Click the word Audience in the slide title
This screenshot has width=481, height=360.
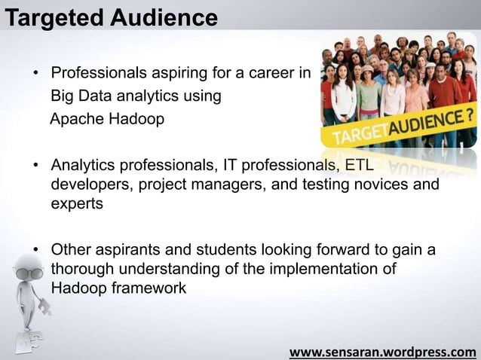[161, 16]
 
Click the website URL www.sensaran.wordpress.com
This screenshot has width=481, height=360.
[383, 352]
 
